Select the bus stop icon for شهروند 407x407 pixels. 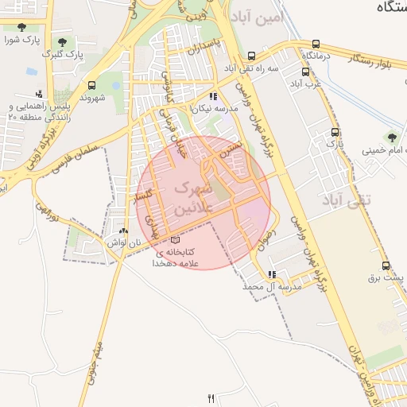coord(93,84)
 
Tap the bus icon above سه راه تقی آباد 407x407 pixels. coord(252,56)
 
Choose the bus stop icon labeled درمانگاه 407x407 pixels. coord(317,45)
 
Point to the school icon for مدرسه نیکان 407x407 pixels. coord(212,96)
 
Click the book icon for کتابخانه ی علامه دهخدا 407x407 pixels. coord(175,240)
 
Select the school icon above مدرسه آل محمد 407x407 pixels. coord(273,274)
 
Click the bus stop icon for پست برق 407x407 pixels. coord(386,266)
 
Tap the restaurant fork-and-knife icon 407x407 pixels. coord(211,398)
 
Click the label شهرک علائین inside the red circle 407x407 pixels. coord(193,199)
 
